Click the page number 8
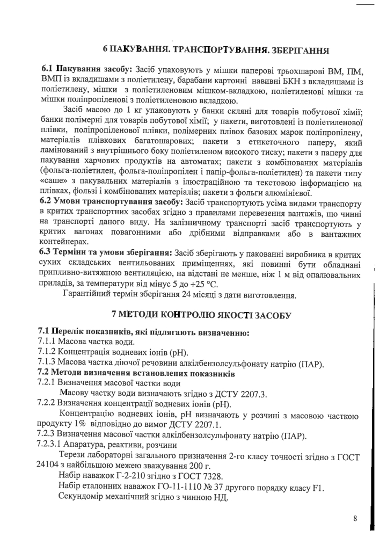355,519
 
